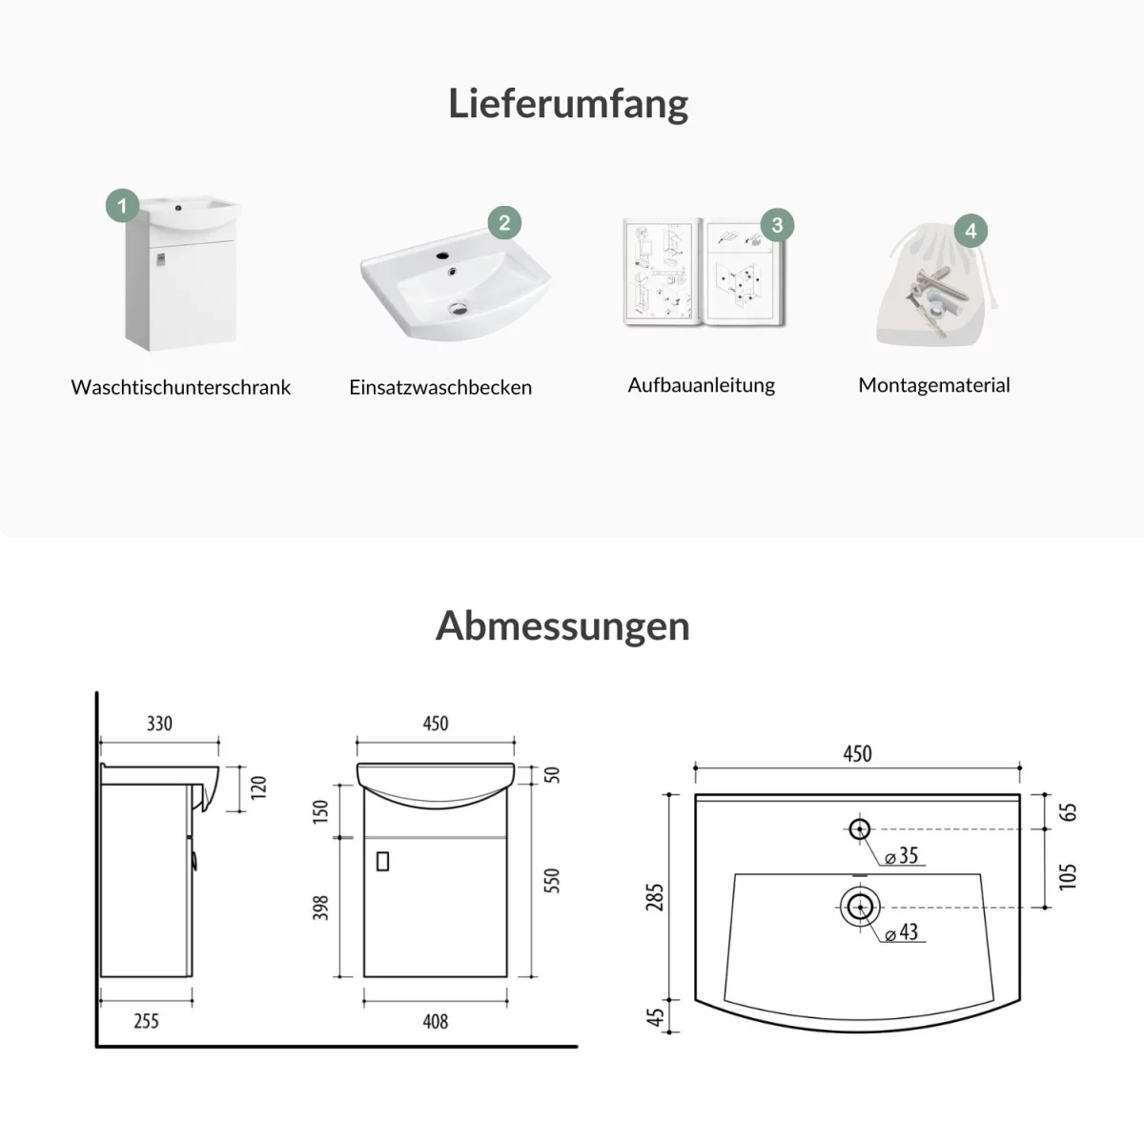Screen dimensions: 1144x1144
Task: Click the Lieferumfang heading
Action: point(568,104)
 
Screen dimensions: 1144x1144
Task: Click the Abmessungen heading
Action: point(562,627)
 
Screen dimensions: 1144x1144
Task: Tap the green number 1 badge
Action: point(122,206)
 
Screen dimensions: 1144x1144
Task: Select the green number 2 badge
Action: point(504,223)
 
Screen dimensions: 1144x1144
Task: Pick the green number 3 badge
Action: point(777,225)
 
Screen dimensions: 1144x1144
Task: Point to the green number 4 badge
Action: point(970,231)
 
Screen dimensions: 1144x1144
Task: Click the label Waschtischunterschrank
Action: point(180,387)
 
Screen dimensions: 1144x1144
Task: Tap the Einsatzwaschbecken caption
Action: point(439,387)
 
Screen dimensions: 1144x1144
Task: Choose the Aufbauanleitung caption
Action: point(701,385)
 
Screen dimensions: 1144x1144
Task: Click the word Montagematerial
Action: point(934,385)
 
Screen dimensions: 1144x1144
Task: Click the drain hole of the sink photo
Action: point(459,308)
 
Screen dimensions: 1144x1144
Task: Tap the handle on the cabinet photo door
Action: point(160,259)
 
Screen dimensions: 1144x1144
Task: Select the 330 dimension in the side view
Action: point(160,723)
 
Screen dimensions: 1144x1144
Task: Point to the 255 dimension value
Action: point(146,1020)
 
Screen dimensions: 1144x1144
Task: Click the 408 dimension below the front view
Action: point(435,1021)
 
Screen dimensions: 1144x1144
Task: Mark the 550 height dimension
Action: point(552,881)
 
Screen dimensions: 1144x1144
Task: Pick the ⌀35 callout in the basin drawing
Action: point(901,855)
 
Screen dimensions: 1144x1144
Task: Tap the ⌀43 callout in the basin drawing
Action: point(901,932)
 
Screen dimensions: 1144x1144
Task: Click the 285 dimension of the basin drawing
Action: point(654,897)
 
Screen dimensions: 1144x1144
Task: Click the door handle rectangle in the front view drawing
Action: point(383,862)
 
